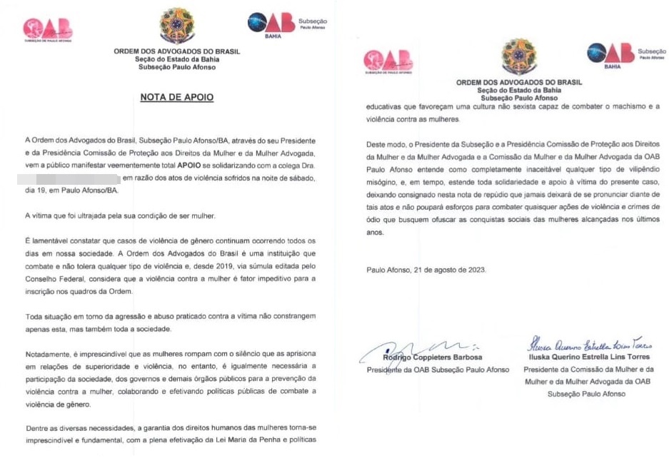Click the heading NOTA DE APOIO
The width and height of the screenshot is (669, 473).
[x=176, y=97]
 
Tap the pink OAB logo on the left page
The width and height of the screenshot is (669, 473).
[x=48, y=28]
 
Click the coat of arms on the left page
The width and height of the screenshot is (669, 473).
[x=177, y=26]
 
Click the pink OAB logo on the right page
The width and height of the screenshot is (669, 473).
[x=388, y=61]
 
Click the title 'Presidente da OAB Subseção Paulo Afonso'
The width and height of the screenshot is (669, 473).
[x=438, y=370]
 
